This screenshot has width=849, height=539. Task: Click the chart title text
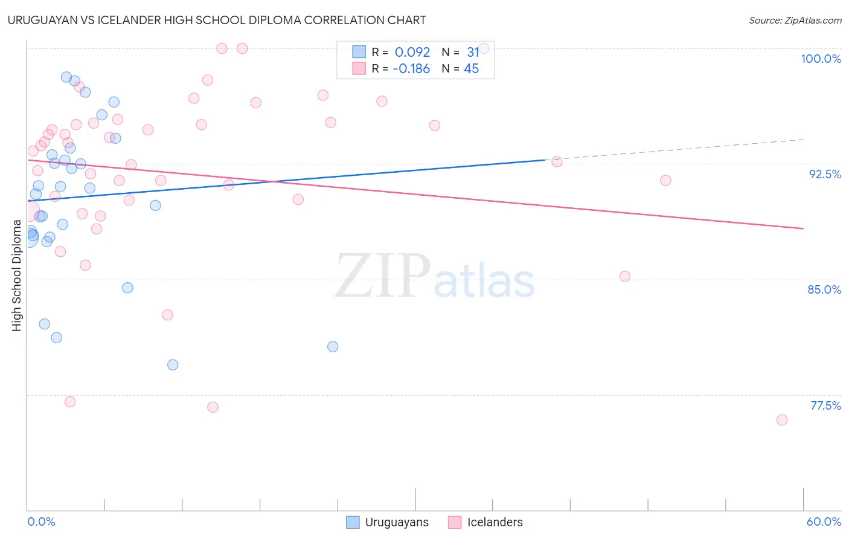point(217,20)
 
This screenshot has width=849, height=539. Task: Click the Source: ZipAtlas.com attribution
point(795,21)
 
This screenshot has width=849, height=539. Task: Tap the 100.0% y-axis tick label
point(821,59)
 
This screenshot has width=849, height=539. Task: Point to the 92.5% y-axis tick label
point(825,174)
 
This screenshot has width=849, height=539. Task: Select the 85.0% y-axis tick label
point(824,289)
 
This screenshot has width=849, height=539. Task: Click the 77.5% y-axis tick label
point(825,405)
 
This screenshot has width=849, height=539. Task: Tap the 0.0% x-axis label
point(41,521)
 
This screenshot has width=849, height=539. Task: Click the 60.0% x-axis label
point(824,521)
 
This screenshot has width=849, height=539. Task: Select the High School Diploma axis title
point(17,275)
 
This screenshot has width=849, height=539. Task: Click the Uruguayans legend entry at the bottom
point(387,522)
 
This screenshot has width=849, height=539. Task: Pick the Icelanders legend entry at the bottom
point(485,522)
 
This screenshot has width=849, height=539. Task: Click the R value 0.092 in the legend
point(412,53)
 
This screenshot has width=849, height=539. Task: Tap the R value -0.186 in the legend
point(411,69)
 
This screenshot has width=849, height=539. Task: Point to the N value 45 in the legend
point(471,69)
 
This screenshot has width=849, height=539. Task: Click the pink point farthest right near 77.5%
point(782,420)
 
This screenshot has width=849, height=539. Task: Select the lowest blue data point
point(173,365)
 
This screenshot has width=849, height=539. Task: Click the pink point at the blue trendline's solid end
point(557,162)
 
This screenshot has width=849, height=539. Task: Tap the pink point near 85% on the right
point(625,277)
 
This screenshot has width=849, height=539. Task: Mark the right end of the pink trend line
point(803,228)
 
